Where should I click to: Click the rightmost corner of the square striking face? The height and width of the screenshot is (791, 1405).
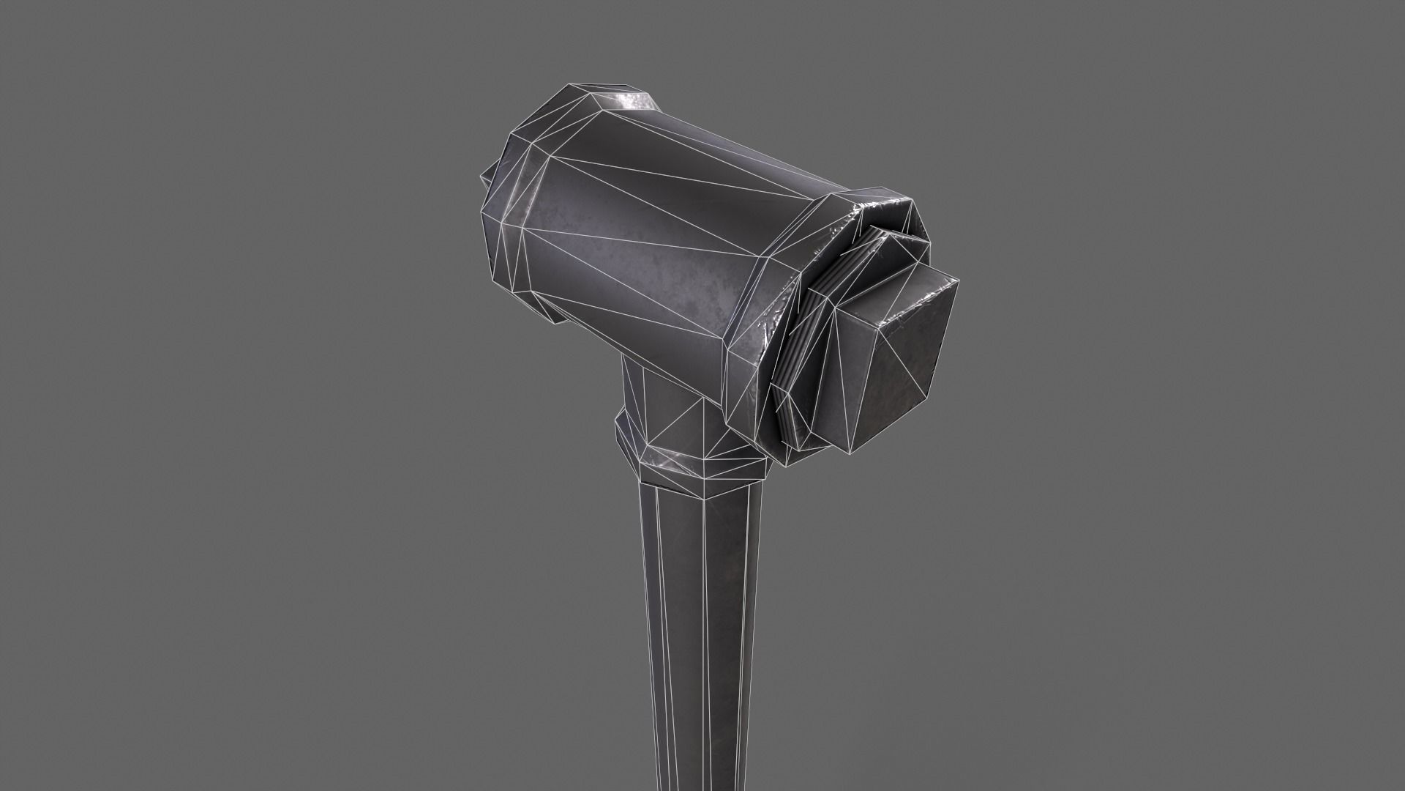coord(958,281)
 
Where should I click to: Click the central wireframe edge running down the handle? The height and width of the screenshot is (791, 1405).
coord(704,623)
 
